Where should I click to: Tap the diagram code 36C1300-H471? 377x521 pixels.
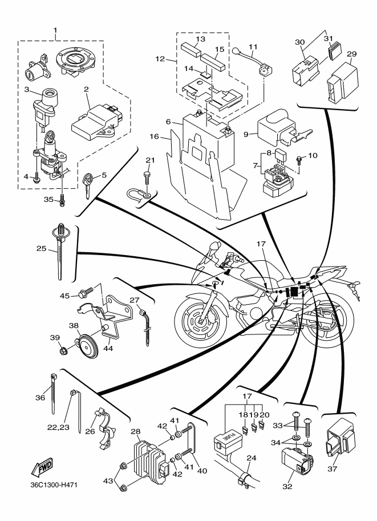(54, 485)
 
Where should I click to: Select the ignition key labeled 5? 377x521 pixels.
(88, 184)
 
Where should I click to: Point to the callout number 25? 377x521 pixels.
(42, 248)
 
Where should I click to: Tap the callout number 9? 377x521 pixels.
(246, 134)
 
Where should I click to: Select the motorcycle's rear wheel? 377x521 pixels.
(329, 321)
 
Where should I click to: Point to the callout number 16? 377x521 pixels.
(154, 136)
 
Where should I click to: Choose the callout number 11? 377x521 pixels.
(253, 47)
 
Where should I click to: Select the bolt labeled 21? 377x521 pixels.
(146, 177)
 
